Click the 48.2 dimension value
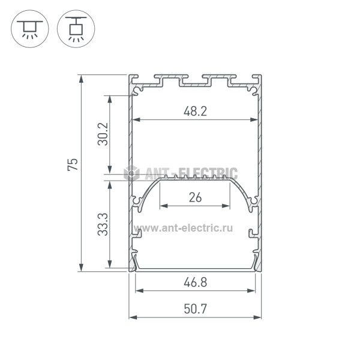pos(195,112)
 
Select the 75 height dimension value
pos(73,164)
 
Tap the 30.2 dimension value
pos(103,134)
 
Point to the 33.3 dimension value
pos(103,224)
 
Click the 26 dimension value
pos(195,197)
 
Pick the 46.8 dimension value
pos(196,283)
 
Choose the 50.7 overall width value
pos(196,309)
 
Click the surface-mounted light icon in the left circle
pos(30,29)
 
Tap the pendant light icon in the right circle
pos(76,29)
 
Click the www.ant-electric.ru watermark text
pos(183,228)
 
